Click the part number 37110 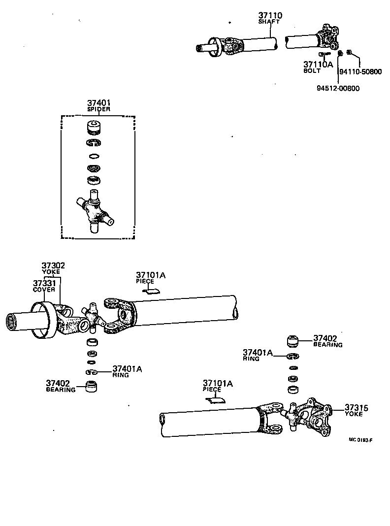(270, 16)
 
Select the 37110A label (318, 65)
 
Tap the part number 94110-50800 (360, 71)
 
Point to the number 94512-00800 (338, 89)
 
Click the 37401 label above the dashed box (98, 103)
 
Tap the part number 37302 (53, 266)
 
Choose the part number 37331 (44, 283)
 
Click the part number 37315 (357, 408)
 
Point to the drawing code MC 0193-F (360, 440)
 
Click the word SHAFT (270, 22)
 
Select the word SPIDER (98, 109)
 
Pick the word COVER (44, 290)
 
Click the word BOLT (312, 71)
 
